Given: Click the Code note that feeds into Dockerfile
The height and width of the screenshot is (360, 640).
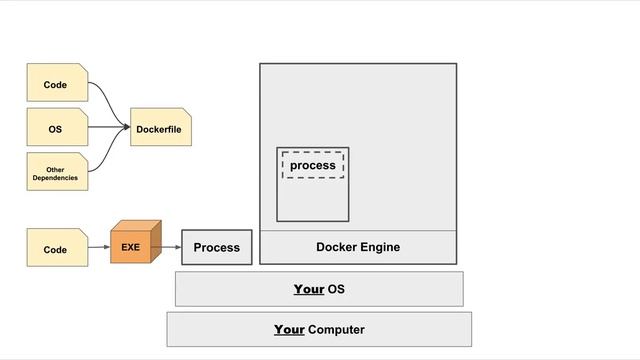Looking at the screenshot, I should pos(56,85).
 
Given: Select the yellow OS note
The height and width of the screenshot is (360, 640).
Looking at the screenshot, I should pos(56,129).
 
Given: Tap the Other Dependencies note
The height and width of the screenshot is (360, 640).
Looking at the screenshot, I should pos(56,172).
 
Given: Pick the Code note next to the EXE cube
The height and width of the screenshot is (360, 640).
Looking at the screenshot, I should pos(56,248).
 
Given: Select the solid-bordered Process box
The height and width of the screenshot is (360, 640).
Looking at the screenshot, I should pos(216,247).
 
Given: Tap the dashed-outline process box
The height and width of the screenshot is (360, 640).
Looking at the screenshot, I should pos(313,165).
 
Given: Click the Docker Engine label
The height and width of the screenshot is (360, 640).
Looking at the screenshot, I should pos(358,247).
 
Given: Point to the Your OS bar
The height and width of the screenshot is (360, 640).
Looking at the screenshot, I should pos(319,289).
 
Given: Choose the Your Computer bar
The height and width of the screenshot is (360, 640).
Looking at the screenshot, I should pos(319,329).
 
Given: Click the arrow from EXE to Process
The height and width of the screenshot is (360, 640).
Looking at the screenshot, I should pos(170,246).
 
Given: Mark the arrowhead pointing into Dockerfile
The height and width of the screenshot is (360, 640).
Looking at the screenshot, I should pos(127,128).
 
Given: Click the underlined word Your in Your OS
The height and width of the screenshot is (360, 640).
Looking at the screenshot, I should pos(308,289).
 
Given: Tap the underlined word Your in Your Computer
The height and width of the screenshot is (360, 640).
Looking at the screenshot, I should pos(289,329).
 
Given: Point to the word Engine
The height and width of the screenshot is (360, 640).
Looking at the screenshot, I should pos(379,247).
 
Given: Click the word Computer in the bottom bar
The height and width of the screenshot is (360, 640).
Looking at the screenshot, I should pos(336,329).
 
